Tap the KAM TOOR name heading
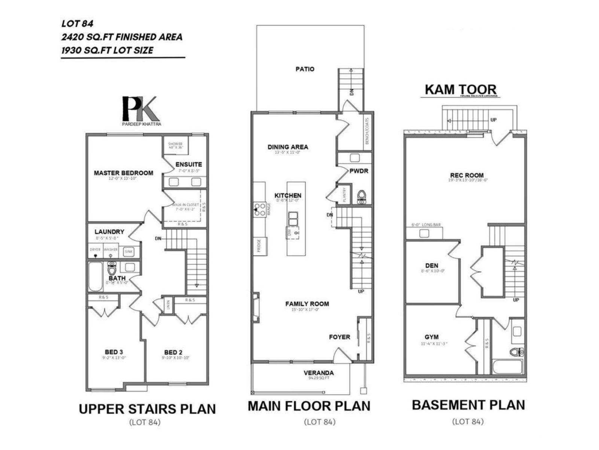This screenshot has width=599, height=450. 460,90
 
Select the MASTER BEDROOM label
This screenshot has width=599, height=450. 123,173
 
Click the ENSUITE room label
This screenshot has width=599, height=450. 189,164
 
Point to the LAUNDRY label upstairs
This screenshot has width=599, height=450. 109,232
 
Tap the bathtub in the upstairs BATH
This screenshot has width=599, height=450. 95,277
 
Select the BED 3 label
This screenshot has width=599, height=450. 114,352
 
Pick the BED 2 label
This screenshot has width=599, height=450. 173,352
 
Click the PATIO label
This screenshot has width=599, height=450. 305,69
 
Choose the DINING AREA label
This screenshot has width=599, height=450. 288,147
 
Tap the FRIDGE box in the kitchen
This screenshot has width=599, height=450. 260,246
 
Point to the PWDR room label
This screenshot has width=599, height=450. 359,171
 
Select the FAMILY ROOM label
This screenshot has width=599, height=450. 307,304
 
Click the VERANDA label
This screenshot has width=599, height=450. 319,373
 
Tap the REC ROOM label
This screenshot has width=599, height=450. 466,175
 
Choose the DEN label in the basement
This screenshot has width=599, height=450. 432,265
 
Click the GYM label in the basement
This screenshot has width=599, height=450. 431,337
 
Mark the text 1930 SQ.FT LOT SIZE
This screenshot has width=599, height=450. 107,50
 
